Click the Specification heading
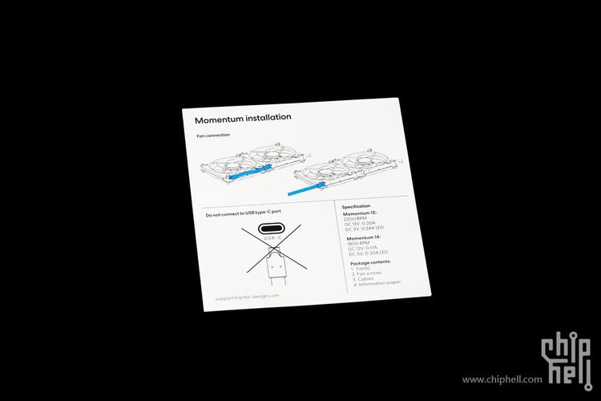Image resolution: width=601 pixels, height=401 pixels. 357,206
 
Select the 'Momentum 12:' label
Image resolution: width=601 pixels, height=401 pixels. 361,214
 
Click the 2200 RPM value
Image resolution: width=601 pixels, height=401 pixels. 353,220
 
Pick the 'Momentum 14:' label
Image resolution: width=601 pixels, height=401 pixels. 363,238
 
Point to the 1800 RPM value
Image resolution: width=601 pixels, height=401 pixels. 357,244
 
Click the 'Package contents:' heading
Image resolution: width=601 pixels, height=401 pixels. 370,262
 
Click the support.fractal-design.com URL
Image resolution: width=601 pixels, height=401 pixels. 247,297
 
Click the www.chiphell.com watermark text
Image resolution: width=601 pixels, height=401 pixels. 502,379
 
